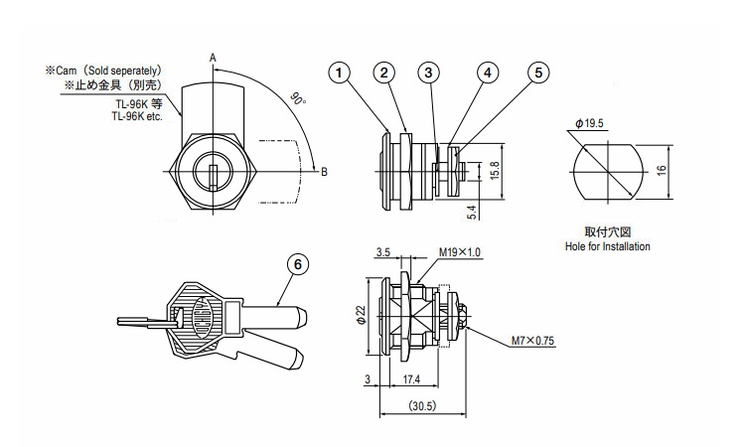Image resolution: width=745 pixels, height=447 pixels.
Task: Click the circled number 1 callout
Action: tap(339, 74)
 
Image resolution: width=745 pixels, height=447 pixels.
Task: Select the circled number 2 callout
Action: tap(383, 74)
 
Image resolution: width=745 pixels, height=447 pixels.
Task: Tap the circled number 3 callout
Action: tap(428, 74)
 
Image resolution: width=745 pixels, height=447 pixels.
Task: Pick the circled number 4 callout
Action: tap(488, 74)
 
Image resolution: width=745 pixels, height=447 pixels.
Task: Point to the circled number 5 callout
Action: tap(538, 74)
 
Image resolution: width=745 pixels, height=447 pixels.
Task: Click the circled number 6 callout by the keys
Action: tap(298, 264)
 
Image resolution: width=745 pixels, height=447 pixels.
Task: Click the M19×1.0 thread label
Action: tap(460, 252)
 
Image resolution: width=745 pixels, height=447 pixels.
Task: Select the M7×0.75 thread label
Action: tap(532, 341)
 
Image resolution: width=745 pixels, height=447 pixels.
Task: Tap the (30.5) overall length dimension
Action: tap(422, 406)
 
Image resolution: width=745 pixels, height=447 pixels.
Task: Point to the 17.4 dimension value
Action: tap(411, 379)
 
